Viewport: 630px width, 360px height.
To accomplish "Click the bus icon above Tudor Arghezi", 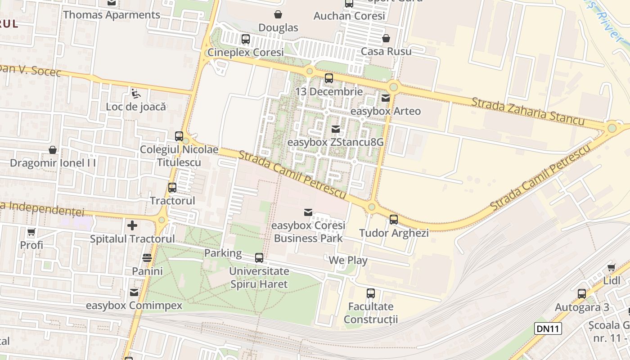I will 394,220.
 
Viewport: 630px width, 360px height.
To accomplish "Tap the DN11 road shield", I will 548,328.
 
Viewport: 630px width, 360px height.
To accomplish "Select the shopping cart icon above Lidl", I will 612,267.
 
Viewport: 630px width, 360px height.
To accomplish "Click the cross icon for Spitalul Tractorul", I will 132,225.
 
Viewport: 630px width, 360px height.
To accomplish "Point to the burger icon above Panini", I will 147,258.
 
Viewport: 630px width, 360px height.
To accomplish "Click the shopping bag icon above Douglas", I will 278,14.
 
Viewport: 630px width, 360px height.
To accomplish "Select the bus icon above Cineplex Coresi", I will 245,39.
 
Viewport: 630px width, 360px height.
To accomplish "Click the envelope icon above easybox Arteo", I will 386,98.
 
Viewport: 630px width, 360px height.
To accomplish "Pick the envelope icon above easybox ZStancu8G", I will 335,129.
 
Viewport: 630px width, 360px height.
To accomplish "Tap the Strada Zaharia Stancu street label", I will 528,111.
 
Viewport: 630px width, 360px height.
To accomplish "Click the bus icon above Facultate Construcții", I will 371,293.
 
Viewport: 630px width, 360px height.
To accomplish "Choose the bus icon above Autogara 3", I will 582,294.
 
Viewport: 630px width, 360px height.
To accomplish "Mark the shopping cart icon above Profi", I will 31,232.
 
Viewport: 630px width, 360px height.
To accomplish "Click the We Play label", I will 348,260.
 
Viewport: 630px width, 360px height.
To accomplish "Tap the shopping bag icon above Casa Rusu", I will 386,38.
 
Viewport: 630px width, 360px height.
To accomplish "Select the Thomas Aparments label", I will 112,15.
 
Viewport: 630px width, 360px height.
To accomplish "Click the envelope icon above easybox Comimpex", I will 134,292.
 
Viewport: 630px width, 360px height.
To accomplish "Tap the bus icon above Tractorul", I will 172,188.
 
